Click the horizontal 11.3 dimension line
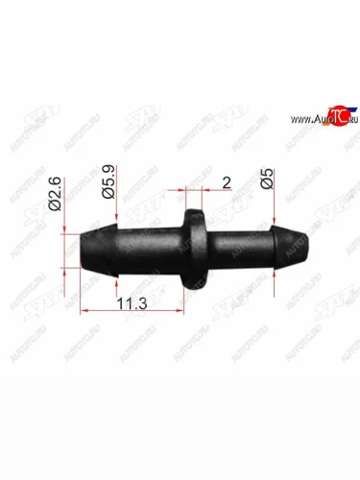pyautogui.click(x=134, y=312)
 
